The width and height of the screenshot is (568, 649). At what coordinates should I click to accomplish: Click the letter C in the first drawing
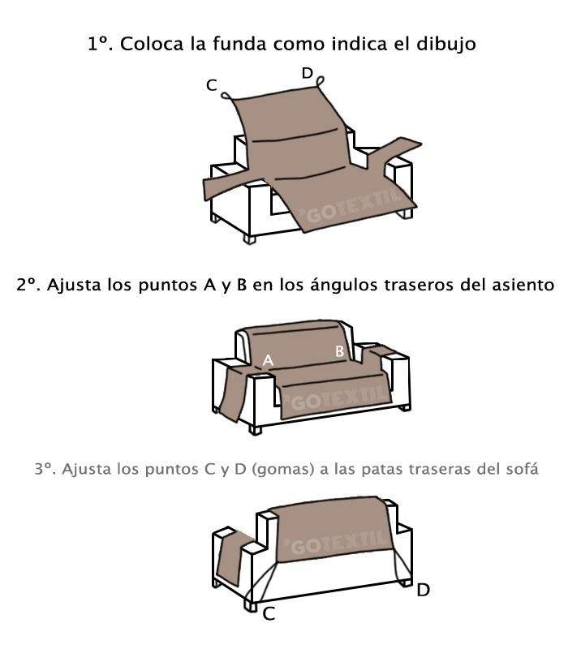212,85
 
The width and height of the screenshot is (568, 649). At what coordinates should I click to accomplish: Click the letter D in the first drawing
308,73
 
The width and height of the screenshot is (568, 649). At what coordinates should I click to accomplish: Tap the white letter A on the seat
269,360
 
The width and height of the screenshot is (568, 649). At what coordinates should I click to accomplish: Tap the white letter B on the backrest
339,351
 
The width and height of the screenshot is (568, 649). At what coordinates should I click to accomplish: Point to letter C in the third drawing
269,614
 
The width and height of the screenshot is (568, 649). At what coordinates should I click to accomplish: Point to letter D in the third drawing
423,591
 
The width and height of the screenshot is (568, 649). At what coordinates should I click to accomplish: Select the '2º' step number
28,285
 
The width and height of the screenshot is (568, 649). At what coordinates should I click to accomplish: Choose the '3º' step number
45,470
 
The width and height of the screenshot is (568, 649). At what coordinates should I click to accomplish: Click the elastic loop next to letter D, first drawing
320,81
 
